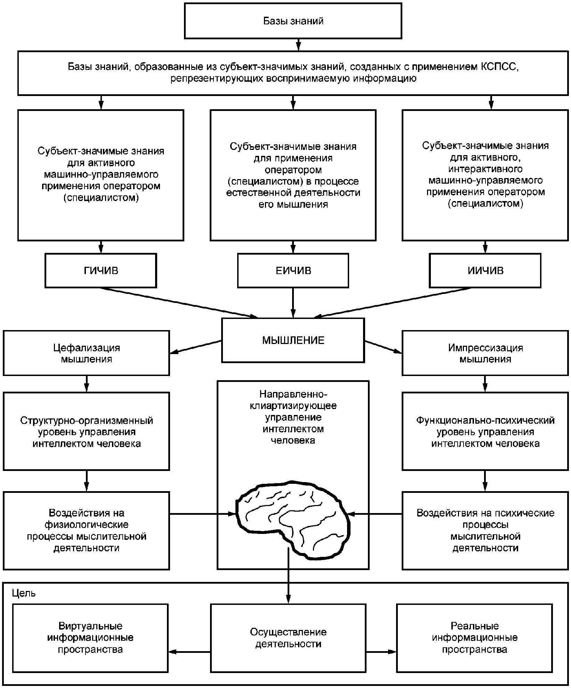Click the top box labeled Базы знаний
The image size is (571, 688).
click(x=293, y=21)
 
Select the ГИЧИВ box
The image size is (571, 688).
click(x=101, y=271)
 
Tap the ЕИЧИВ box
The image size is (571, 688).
click(x=293, y=271)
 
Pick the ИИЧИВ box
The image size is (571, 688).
click(x=485, y=271)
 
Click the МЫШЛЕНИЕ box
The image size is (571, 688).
click(x=293, y=340)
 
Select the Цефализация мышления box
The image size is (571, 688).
click(x=86, y=353)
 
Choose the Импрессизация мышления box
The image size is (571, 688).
click(x=485, y=353)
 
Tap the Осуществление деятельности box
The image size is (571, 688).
click(x=288, y=638)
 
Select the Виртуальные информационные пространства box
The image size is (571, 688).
click(x=90, y=638)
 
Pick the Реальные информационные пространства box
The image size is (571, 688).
click(x=474, y=638)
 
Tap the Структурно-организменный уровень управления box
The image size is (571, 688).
click(x=86, y=432)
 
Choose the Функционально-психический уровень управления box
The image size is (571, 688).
click(x=485, y=432)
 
